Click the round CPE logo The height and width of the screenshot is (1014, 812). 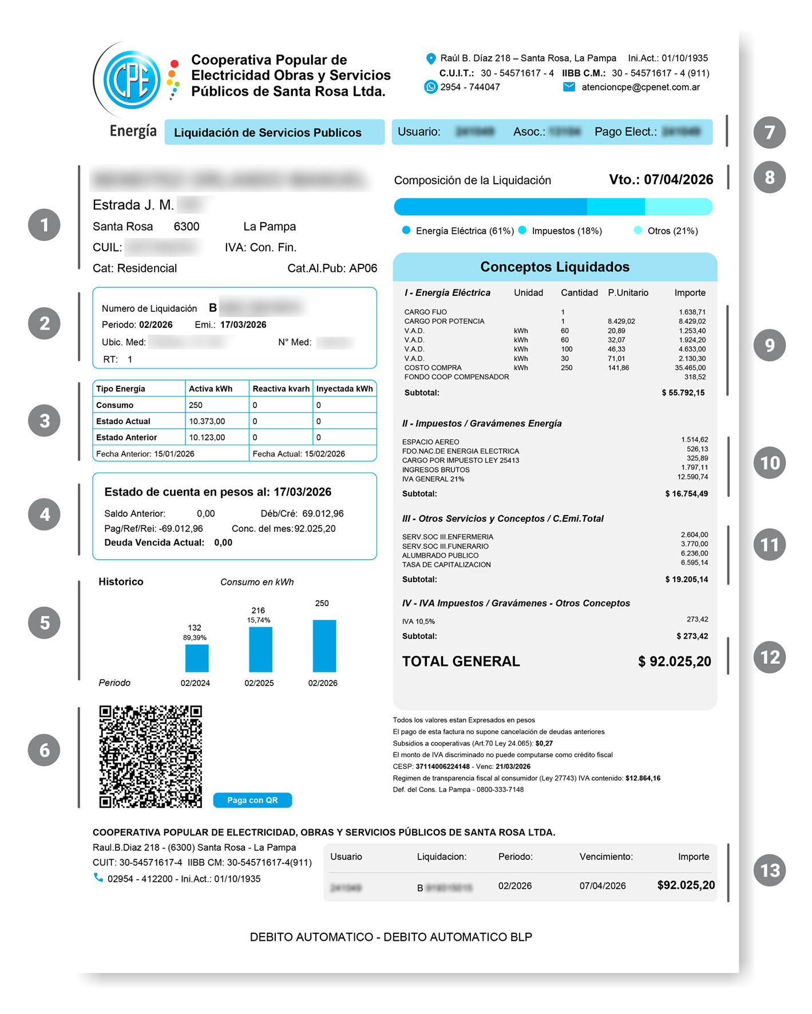pos(132,80)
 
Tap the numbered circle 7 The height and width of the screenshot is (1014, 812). pos(770,132)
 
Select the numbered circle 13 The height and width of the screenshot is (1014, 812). pos(770,870)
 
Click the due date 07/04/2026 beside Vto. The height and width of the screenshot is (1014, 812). pos(678,180)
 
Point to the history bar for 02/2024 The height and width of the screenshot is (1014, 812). pos(197,658)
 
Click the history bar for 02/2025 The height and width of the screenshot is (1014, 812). pos(260,649)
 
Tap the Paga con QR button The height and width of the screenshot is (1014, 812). pos(252,800)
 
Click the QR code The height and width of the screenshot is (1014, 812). pos(150,756)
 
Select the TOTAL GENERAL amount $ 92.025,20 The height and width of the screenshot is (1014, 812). pos(674,662)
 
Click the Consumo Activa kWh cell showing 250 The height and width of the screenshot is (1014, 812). pos(196,405)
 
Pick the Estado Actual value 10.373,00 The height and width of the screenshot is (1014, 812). pos(207,421)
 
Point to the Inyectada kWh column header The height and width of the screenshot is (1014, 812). pos(344,389)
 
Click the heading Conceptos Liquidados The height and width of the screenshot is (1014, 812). pos(554,267)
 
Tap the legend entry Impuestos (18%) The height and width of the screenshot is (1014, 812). pos(567,231)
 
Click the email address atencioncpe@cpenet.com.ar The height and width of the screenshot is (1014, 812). pos(640,87)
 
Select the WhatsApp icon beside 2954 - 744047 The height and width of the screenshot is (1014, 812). pos(430,87)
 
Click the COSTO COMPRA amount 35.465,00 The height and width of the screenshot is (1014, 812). pos(690,368)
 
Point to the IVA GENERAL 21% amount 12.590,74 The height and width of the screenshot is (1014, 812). pos(692,477)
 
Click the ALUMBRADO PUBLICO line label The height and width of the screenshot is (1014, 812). pos(440,556)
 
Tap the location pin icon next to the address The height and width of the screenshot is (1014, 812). pos(431,58)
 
